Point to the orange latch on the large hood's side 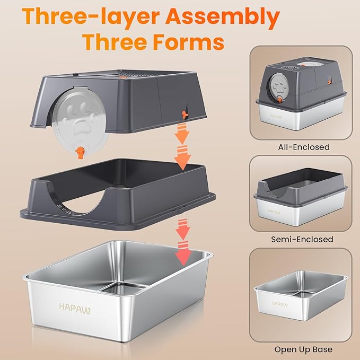coord(185,113)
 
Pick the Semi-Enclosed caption coord(302,239)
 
